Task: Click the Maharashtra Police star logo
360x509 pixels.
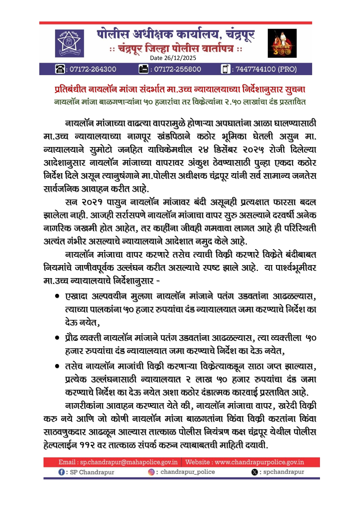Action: point(69,43)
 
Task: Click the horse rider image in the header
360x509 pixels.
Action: point(282,43)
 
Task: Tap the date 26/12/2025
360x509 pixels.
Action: point(173,58)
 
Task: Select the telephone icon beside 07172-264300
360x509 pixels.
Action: point(60,69)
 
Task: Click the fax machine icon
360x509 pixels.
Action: point(144,69)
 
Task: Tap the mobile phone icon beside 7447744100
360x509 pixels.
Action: point(225,69)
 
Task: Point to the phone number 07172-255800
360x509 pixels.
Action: point(177,69)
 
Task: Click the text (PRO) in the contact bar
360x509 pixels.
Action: point(287,69)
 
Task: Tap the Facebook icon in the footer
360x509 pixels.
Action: point(61,472)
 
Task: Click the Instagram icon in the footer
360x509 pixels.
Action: point(151,472)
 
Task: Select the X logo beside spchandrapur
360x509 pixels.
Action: point(254,472)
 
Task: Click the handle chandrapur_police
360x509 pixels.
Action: point(187,472)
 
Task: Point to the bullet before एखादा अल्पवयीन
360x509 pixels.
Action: point(57,296)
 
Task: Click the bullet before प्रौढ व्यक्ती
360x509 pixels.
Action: point(57,338)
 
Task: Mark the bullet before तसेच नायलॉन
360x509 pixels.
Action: point(57,366)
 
